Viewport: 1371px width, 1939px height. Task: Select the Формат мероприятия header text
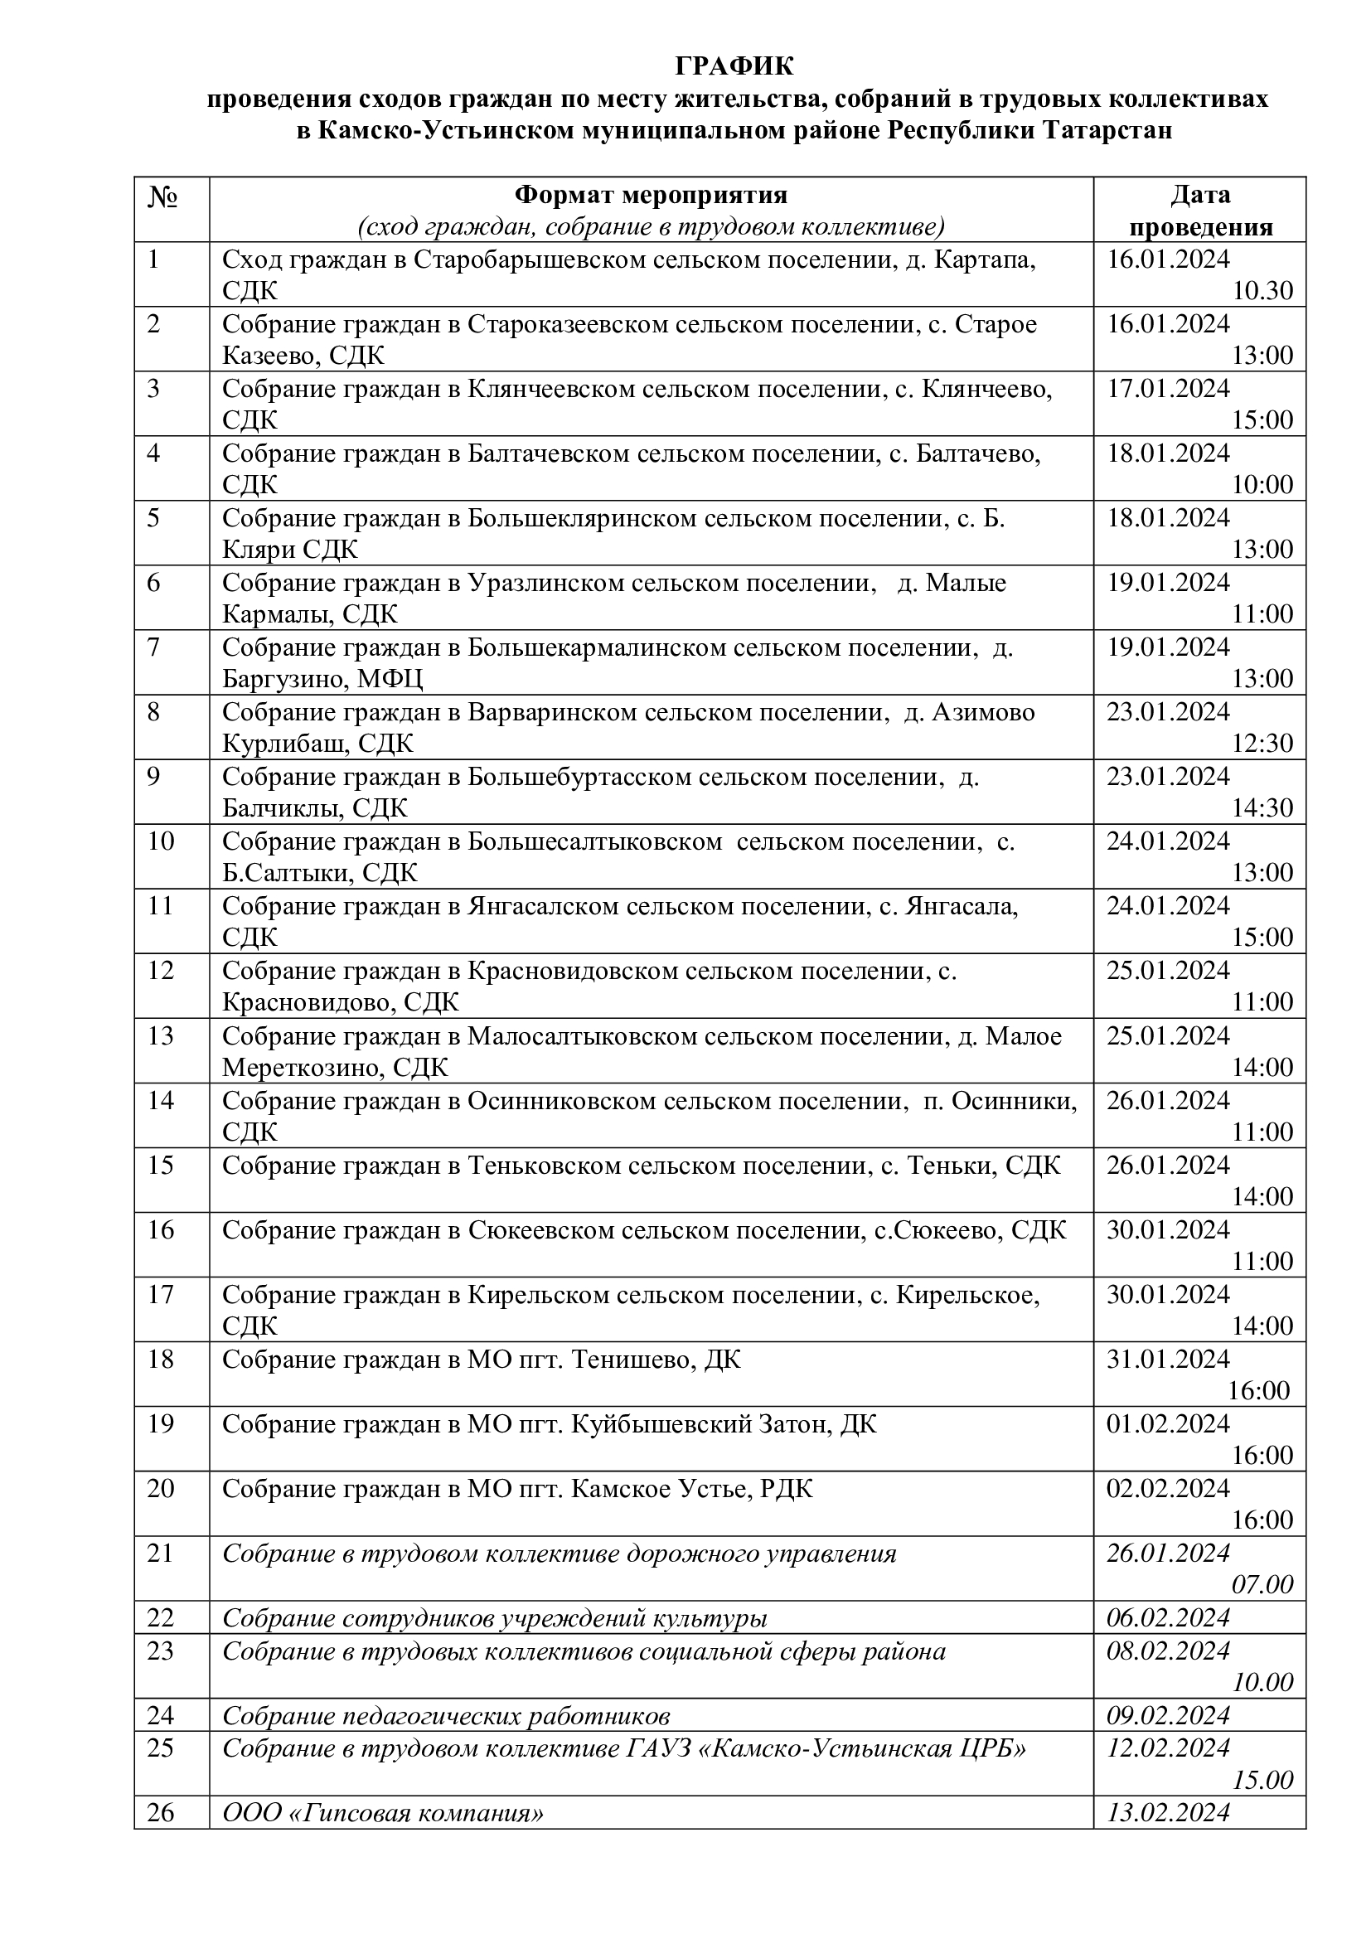click(x=651, y=195)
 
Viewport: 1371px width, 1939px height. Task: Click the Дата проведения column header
click(x=1200, y=211)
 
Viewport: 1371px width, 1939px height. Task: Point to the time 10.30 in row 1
click(x=1262, y=290)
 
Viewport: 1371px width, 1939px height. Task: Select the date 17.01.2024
click(x=1169, y=389)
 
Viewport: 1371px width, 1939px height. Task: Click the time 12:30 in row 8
click(x=1262, y=743)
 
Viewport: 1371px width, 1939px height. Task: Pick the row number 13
click(x=161, y=1035)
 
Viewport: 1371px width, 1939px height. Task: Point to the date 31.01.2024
click(x=1169, y=1359)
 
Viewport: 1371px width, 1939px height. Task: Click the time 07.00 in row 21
click(x=1262, y=1584)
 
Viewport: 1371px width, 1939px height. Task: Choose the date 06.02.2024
click(x=1169, y=1618)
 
